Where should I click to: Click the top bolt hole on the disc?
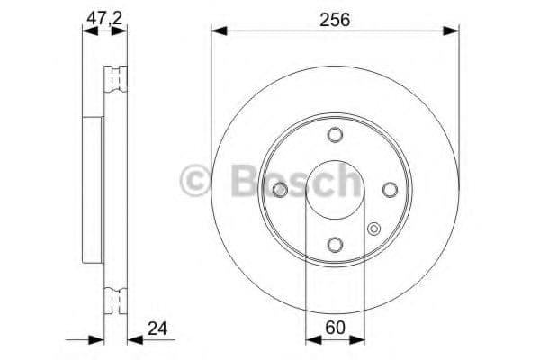point(335,135)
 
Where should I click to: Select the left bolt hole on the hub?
point(280,190)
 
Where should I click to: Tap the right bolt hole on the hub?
point(390,190)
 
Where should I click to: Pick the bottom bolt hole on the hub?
point(335,245)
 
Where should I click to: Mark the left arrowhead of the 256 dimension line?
point(217,31)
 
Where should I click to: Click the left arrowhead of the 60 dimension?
point(311,339)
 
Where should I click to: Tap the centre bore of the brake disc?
point(335,190)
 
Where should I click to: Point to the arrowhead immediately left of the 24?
point(132,339)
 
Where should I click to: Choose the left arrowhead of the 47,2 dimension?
point(87,31)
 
